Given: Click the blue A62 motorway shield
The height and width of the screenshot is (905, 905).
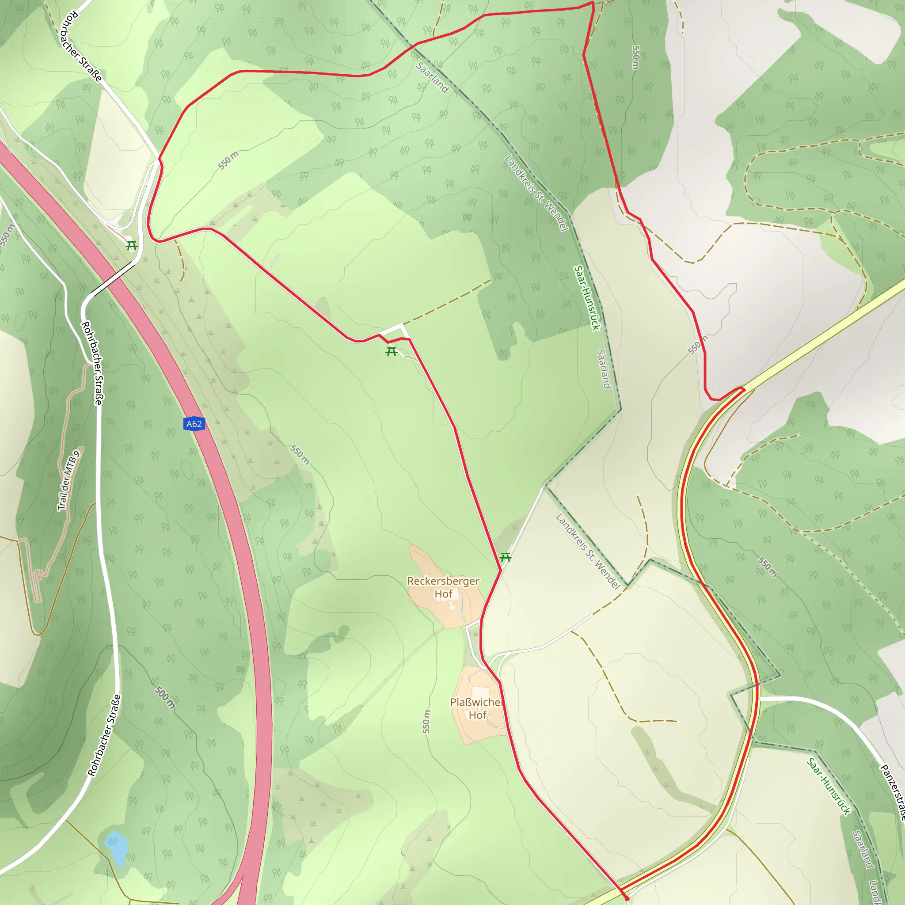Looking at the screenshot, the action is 194,424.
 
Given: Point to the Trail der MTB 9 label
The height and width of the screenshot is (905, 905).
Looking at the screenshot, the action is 69,481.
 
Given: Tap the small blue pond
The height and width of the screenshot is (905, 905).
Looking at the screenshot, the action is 117,848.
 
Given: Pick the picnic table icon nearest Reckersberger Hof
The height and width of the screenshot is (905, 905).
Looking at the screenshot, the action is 505,557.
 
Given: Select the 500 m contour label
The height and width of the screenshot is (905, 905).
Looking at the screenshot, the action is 165,697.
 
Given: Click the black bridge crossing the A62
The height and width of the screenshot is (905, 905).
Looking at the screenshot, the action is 112,279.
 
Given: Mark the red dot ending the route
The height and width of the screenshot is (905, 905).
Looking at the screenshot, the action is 627,898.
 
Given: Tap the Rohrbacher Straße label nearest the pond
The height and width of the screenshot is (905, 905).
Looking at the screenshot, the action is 104,735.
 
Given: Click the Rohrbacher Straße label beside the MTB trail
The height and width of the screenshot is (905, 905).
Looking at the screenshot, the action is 92,363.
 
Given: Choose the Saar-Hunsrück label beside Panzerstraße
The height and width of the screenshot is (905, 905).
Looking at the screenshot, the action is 828,787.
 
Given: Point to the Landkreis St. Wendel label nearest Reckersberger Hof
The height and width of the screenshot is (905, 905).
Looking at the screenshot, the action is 588,551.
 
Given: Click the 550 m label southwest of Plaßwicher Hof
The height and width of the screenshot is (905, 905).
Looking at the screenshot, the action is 426,721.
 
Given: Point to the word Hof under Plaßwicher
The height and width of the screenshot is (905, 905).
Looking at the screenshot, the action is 478,715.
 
